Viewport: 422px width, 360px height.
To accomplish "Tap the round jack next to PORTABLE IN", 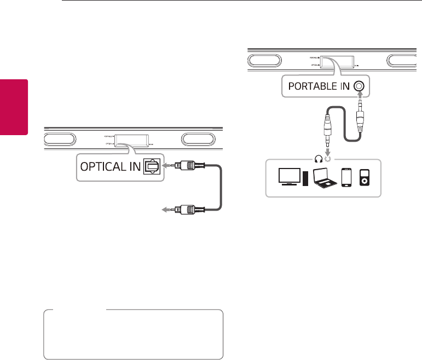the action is (x=359, y=86).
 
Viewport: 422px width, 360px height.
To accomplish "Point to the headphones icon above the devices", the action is (x=319, y=160).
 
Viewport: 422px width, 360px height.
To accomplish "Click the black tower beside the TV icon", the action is (x=305, y=178).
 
